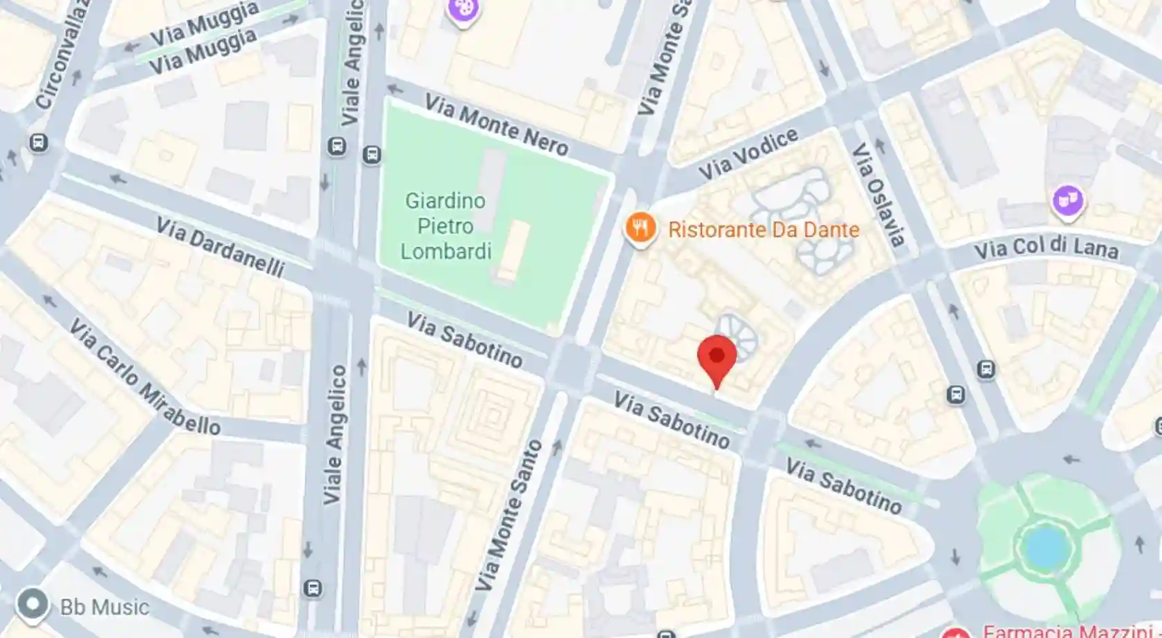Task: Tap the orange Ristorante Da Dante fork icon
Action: click(x=640, y=227)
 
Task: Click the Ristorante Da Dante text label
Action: click(x=764, y=229)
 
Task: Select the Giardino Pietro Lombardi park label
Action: click(x=445, y=226)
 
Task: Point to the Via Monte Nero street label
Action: click(x=496, y=126)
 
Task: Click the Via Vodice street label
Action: click(x=748, y=154)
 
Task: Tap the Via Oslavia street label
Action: click(x=878, y=194)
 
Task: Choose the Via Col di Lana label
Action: click(x=1046, y=247)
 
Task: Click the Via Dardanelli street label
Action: click(x=220, y=247)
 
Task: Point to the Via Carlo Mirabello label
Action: click(x=145, y=377)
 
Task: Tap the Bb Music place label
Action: click(x=104, y=607)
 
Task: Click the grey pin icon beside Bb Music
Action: click(x=33, y=603)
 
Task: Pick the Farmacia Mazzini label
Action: click(x=1069, y=630)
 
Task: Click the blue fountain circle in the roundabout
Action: click(x=1045, y=546)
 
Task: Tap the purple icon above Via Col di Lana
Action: click(x=1067, y=200)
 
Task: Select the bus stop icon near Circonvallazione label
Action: click(x=39, y=143)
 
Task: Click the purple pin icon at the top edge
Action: click(x=463, y=10)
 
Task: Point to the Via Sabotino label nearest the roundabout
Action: click(x=843, y=487)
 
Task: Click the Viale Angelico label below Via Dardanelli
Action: click(x=335, y=434)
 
